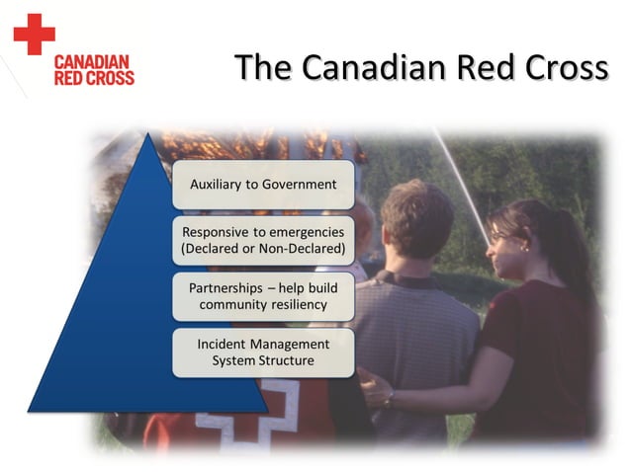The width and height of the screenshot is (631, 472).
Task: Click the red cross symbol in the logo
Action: pyautogui.click(x=34, y=34)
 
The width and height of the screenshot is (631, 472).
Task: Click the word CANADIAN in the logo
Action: pyautogui.click(x=94, y=61)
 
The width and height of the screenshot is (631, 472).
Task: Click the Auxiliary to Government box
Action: pyautogui.click(x=262, y=184)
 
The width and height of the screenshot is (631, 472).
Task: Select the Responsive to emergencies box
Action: pyautogui.click(x=262, y=240)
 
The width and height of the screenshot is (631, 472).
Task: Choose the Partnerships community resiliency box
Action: pyautogui.click(x=262, y=295)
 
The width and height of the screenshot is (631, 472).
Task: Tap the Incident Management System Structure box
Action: pyautogui.click(x=262, y=352)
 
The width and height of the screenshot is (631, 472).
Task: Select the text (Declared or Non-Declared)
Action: pyautogui.click(x=262, y=249)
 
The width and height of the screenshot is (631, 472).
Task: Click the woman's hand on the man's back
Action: pyautogui.click(x=376, y=390)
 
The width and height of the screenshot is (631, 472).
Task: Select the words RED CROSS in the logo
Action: pyautogui.click(x=94, y=77)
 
